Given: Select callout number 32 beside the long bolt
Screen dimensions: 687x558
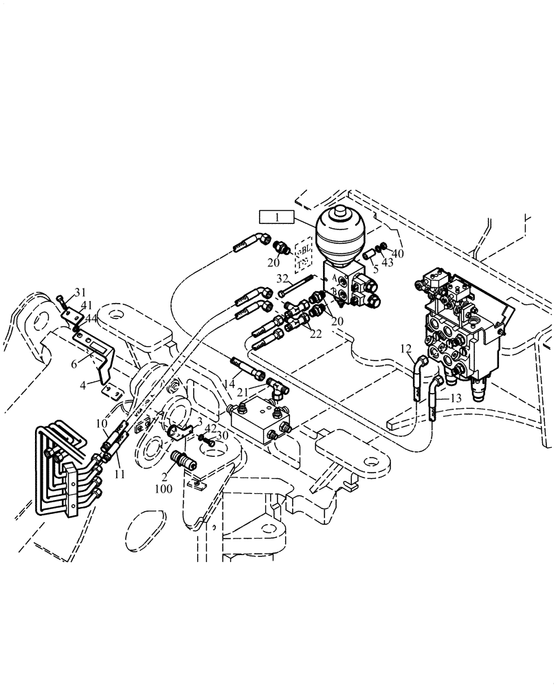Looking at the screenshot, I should [x=282, y=278].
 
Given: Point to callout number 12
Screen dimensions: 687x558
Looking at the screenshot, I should [x=405, y=349].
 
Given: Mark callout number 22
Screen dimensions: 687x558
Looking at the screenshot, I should [x=315, y=334].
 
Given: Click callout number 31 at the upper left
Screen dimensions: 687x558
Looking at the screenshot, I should [x=81, y=292].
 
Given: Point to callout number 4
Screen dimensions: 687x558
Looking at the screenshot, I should [x=83, y=385].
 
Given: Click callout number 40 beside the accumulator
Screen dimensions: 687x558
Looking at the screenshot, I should [x=398, y=254].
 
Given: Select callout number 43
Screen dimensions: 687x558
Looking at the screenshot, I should [x=388, y=262].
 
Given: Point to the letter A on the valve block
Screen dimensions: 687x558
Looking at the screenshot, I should [x=335, y=275].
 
